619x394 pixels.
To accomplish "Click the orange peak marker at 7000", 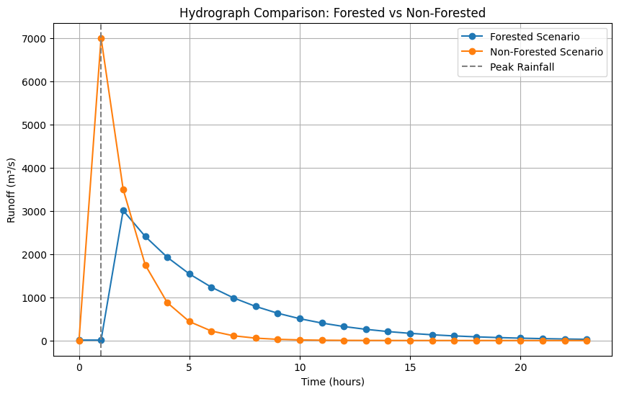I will [101, 38].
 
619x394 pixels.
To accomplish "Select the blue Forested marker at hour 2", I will [123, 210].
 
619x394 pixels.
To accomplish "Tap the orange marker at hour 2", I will [123, 189].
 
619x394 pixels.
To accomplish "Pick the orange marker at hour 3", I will [146, 265].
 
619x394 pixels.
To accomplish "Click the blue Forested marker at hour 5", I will [190, 274].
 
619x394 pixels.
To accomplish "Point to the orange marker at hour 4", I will [167, 303].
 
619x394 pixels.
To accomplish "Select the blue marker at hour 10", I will [300, 318].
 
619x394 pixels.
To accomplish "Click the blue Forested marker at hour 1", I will [101, 340].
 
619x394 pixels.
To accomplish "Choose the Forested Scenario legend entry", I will [534, 37].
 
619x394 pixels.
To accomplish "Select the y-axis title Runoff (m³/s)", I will [12, 187].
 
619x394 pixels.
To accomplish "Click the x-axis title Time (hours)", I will [333, 382].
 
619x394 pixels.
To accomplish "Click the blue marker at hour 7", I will [233, 298].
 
